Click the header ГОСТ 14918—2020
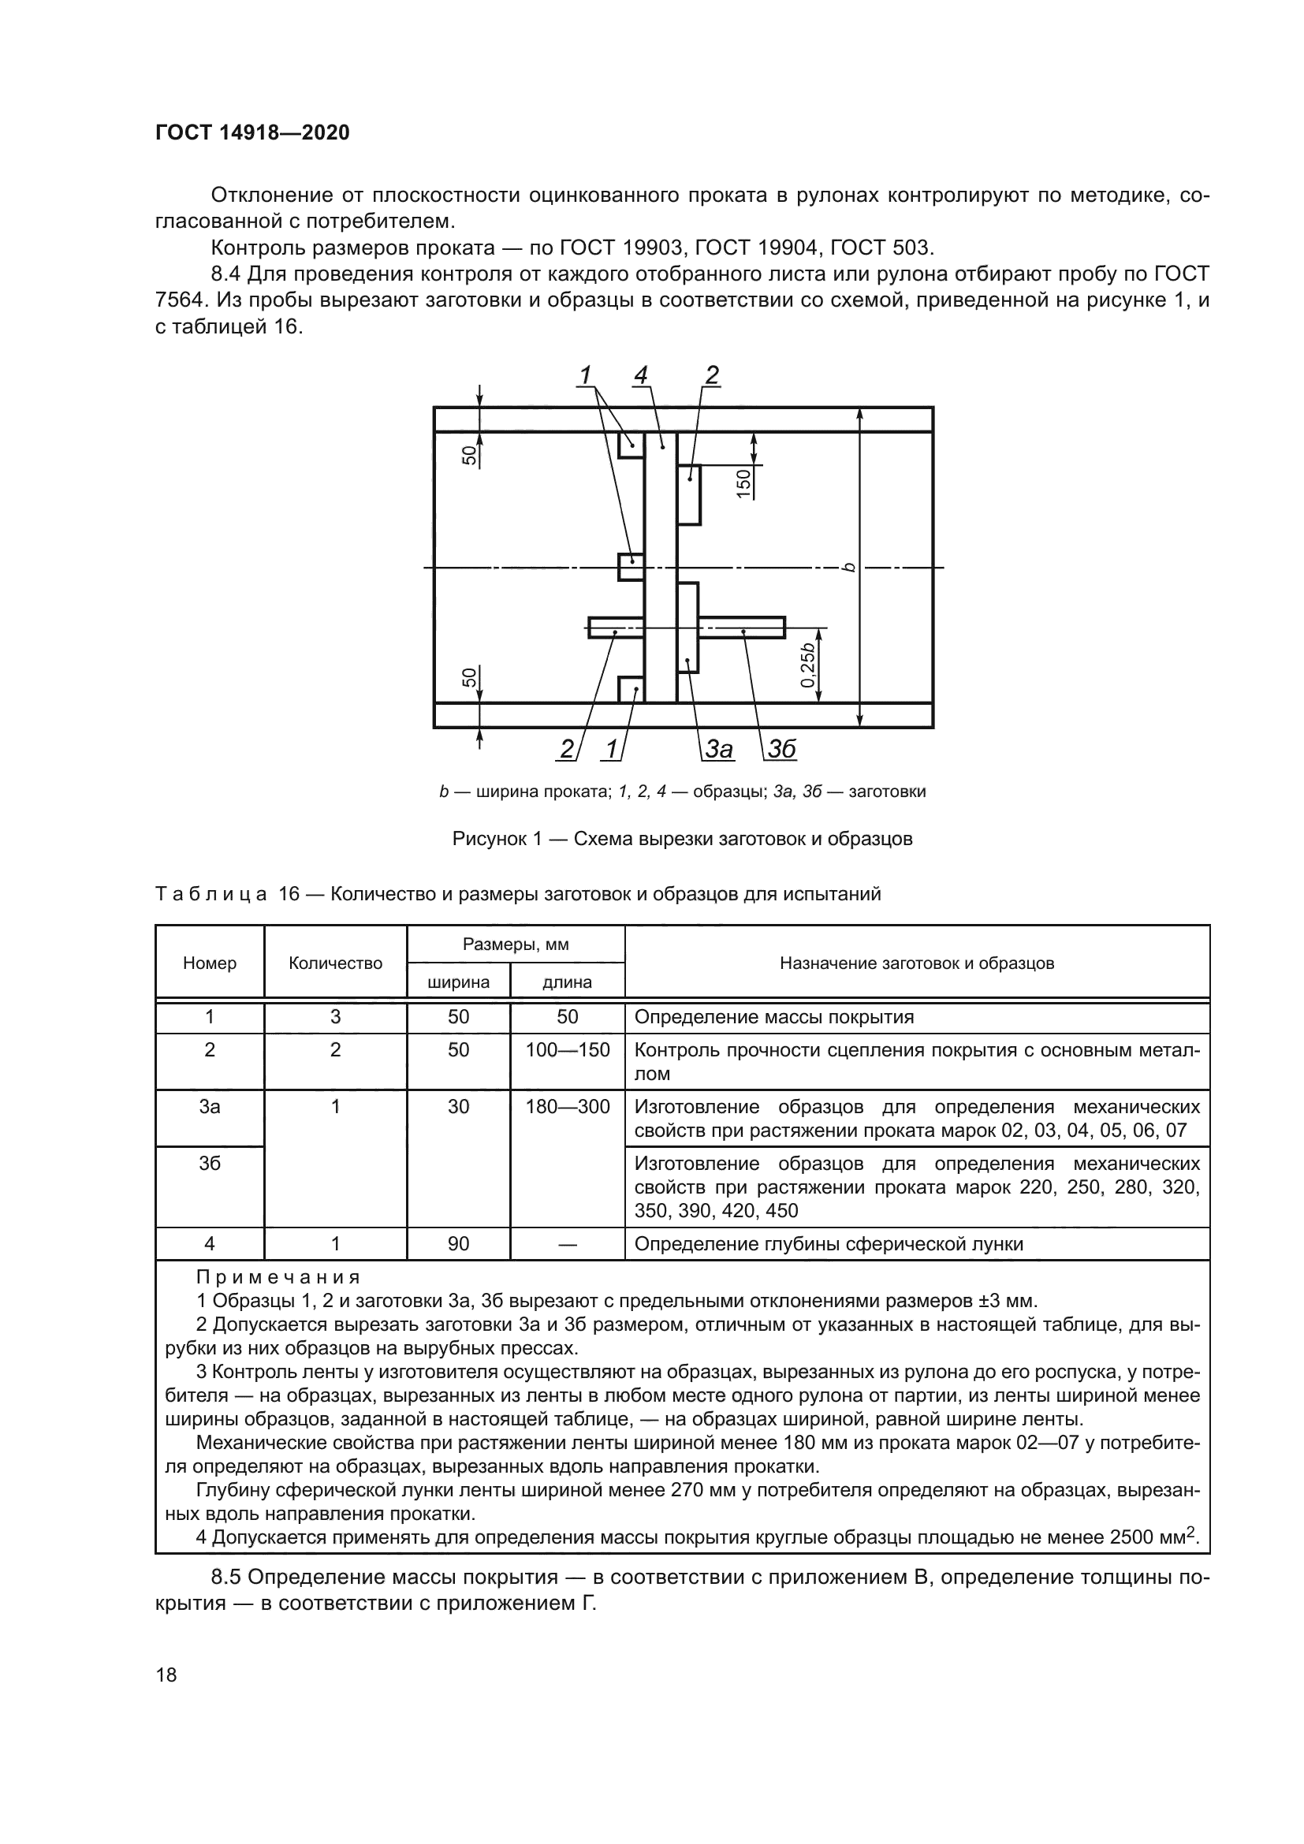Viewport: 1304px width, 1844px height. coord(252,132)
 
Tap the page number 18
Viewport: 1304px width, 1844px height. coord(166,1675)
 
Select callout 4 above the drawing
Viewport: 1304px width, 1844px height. coord(640,375)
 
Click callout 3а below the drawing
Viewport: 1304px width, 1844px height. coord(718,749)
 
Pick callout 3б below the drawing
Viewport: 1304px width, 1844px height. coord(781,749)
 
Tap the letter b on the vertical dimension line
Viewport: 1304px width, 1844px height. coord(849,568)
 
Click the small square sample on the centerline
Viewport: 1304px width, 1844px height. coord(631,567)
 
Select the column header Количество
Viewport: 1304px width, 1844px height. coord(335,963)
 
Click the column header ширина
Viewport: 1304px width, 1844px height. coord(458,982)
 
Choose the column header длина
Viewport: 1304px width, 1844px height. coord(567,982)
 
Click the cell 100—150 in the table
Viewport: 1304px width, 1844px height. coord(567,1049)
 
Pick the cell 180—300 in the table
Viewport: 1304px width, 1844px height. coord(567,1107)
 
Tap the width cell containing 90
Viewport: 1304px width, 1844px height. coord(458,1244)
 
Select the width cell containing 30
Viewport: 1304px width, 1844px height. coord(458,1107)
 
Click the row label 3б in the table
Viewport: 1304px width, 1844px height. coord(210,1164)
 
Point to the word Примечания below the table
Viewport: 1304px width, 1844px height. coord(278,1277)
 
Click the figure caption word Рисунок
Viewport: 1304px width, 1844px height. coord(490,840)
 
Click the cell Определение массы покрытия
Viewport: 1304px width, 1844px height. coord(773,1017)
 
